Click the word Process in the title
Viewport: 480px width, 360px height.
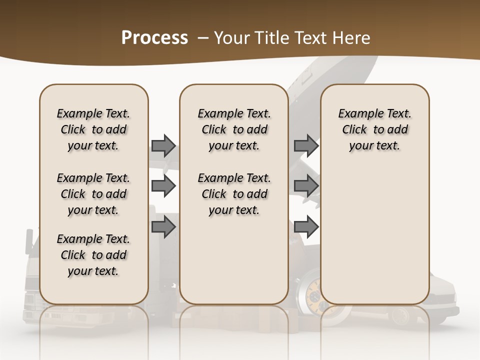154,38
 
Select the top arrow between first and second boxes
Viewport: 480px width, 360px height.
163,145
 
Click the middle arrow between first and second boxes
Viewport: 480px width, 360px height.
163,186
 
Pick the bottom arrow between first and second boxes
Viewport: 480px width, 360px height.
163,227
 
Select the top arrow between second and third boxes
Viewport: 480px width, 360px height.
306,145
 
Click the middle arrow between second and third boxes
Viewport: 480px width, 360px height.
306,186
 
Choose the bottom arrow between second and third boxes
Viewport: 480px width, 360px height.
306,227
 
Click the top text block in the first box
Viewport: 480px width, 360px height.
93,129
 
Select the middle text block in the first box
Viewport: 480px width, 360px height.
93,194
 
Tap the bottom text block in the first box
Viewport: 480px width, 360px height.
93,255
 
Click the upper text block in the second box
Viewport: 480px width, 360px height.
234,129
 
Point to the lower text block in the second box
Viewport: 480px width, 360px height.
234,194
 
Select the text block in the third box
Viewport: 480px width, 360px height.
375,129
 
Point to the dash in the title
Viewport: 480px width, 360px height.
202,38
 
